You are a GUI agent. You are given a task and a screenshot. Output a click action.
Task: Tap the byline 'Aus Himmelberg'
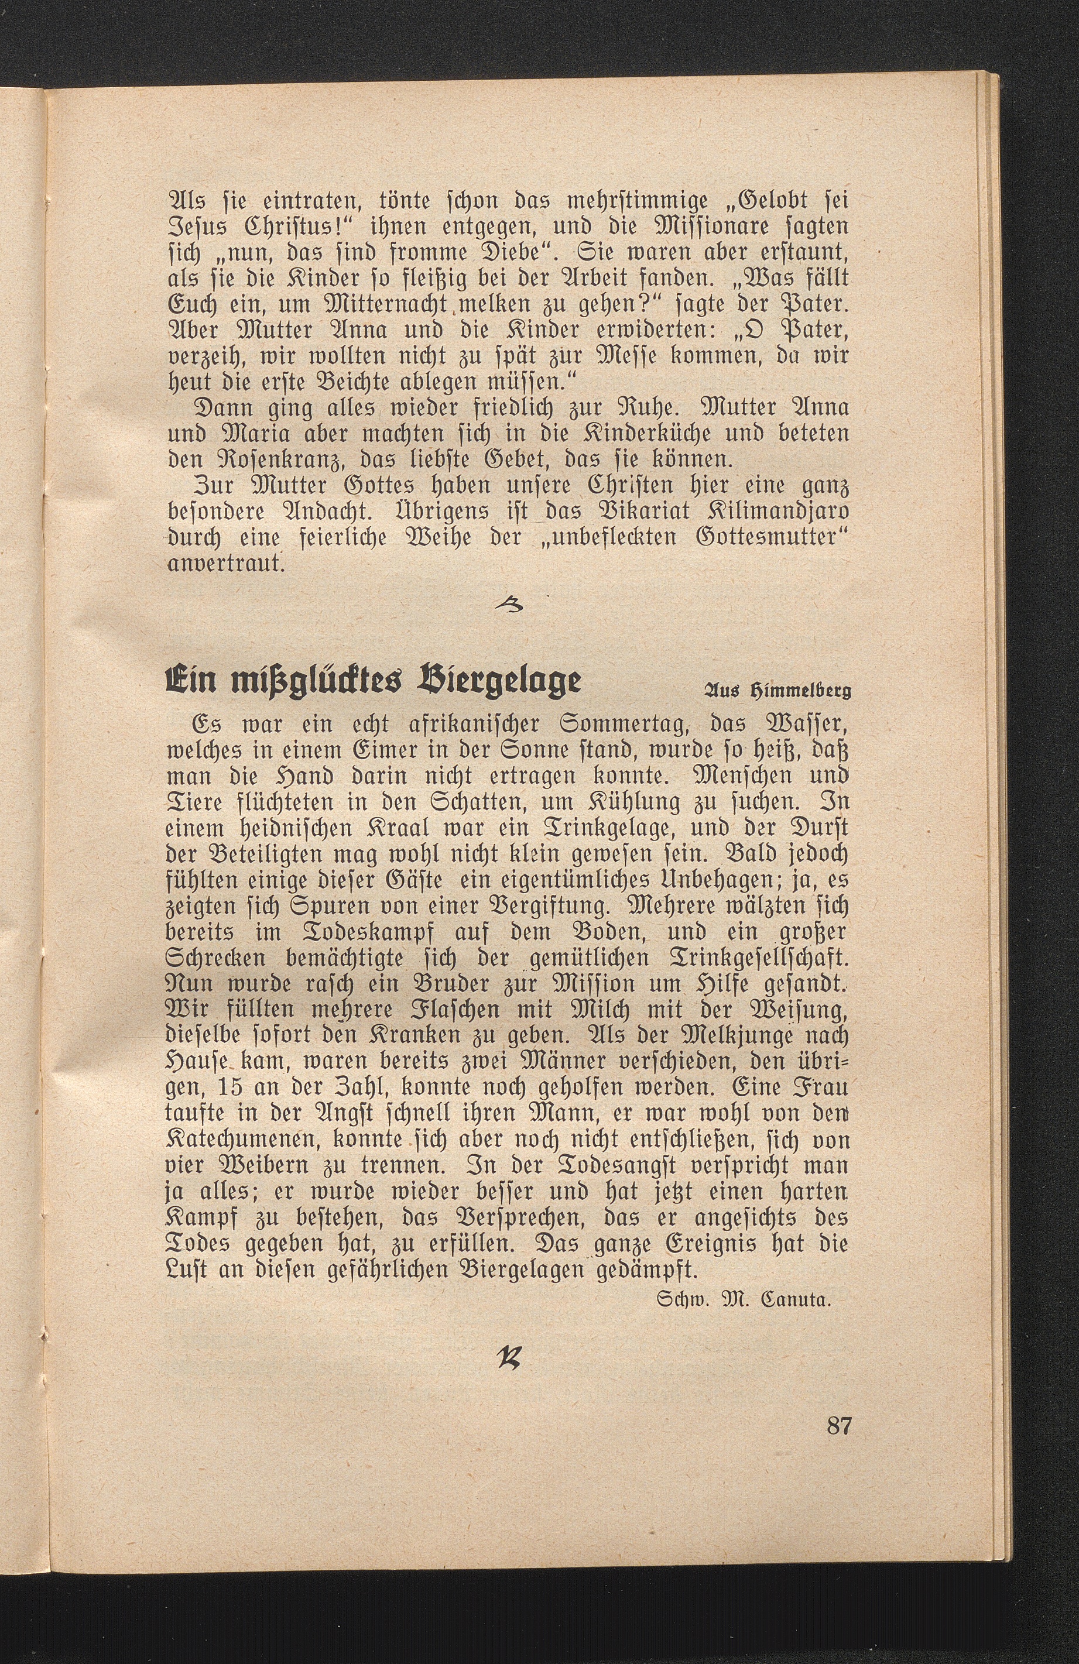click(776, 692)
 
